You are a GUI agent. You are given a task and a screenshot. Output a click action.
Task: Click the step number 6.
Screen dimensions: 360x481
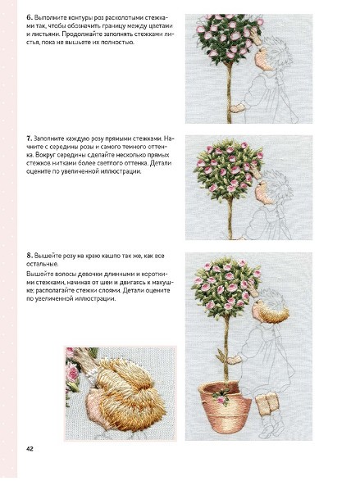(30, 17)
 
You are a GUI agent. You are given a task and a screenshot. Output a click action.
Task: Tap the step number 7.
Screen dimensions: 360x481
(29, 138)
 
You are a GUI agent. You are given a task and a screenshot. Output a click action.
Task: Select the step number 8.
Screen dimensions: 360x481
(30, 256)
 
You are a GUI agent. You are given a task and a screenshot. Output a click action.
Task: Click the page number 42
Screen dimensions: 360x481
(30, 449)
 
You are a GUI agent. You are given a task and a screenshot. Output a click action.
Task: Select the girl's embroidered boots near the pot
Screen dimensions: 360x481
(267, 404)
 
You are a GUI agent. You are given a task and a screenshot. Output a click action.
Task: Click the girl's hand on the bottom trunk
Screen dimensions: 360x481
(235, 359)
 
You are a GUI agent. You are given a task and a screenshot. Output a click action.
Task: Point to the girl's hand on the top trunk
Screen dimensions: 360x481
(237, 108)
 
